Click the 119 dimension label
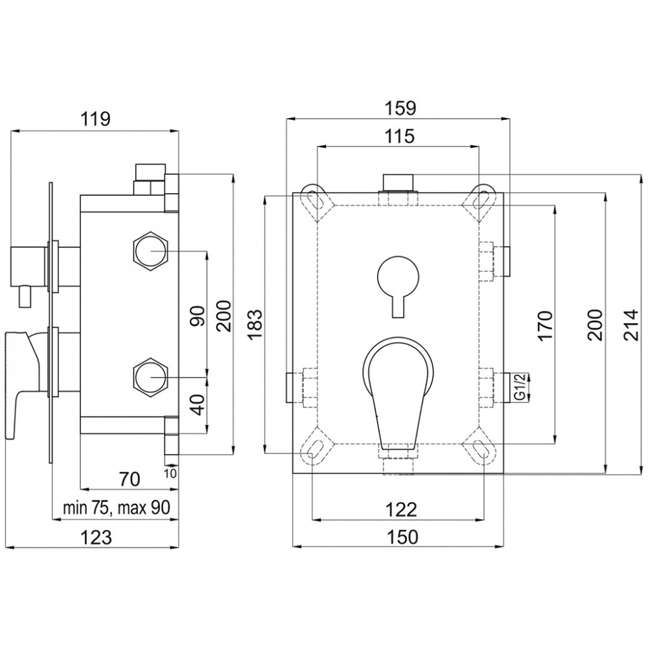(95, 119)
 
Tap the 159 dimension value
(400, 108)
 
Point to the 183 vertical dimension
(255, 325)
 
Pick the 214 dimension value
(631, 325)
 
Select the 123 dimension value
(96, 537)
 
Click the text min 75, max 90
(116, 508)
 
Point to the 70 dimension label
(130, 479)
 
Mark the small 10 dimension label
(170, 474)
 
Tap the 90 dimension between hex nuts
(198, 316)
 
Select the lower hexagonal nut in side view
(151, 377)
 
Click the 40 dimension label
(198, 404)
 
